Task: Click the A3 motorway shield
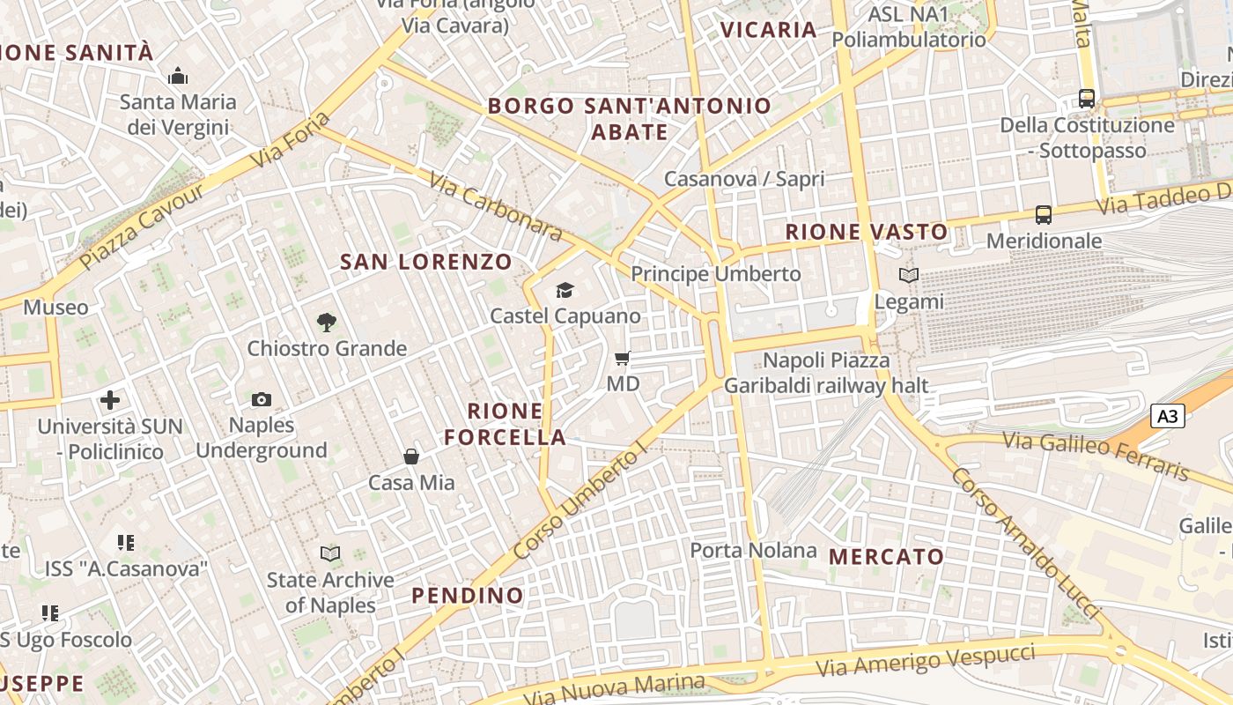[x=1168, y=416]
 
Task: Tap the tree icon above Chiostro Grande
[x=327, y=323]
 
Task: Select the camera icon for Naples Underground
[x=261, y=400]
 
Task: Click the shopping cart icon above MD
[x=623, y=359]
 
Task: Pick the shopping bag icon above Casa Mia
[x=411, y=456]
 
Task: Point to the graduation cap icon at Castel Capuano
[x=565, y=290]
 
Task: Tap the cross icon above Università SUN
[x=110, y=400]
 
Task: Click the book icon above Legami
[x=909, y=276]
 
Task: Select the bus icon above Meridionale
[x=1044, y=215]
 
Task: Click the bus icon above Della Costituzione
[x=1087, y=99]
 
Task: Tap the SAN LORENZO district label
[x=426, y=262]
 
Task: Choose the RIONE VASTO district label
[x=867, y=232]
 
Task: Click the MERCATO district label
[x=886, y=556]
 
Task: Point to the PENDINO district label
[x=468, y=595]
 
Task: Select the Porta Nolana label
[x=753, y=551]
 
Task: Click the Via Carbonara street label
[x=495, y=206]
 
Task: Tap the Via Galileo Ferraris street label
[x=1096, y=455]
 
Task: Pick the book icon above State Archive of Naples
[x=330, y=554]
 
